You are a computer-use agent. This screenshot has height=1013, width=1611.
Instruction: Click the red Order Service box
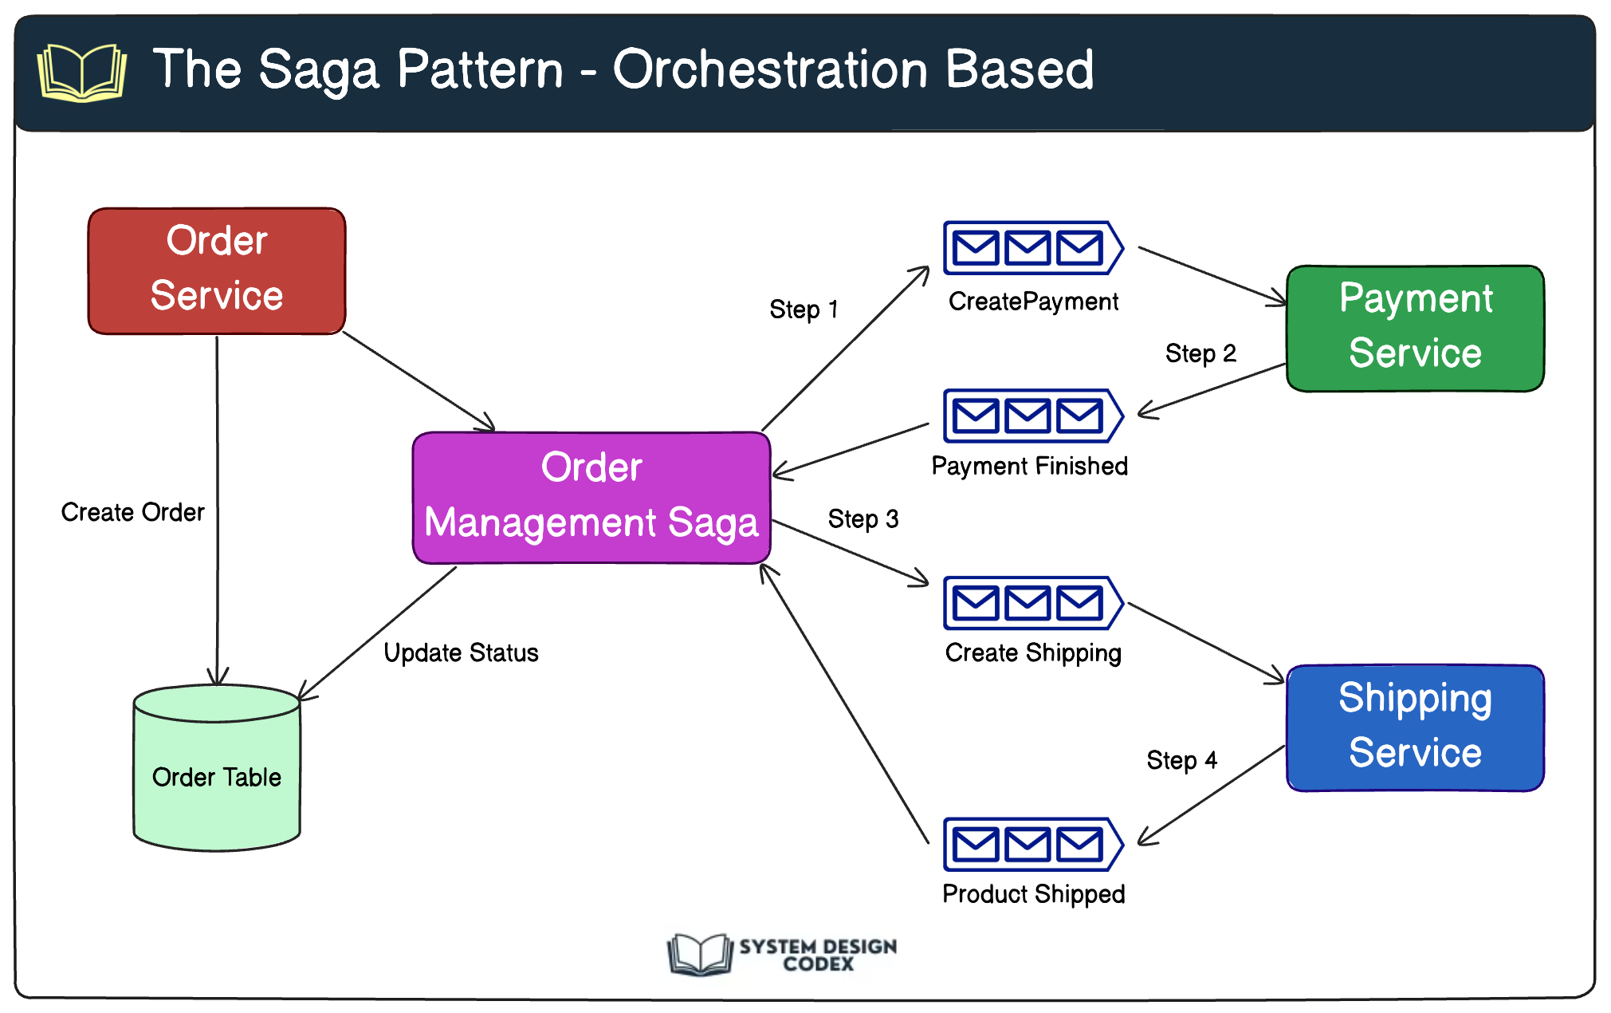click(x=217, y=271)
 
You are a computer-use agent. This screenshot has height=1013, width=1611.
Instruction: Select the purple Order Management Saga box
click(x=591, y=498)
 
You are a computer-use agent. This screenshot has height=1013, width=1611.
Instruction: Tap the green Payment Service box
click(x=1415, y=328)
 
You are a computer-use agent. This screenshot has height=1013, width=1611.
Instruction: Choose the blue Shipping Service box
click(x=1415, y=727)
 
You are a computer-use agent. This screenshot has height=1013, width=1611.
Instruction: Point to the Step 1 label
click(x=804, y=309)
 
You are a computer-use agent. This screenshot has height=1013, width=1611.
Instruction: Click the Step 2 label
click(x=1200, y=353)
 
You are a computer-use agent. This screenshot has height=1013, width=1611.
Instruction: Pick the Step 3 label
click(x=863, y=519)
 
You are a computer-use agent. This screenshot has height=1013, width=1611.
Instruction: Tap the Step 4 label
click(x=1181, y=760)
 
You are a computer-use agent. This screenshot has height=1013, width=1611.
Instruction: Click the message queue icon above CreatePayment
click(x=1032, y=248)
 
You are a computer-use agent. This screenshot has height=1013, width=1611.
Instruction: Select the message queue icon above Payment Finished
click(x=1032, y=416)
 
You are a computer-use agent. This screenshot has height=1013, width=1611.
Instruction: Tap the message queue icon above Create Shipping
click(x=1032, y=603)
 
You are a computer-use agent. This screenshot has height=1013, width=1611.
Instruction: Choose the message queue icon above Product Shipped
click(x=1032, y=844)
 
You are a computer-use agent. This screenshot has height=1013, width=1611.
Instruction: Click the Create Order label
click(x=133, y=512)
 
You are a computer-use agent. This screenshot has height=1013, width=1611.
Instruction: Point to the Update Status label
click(x=461, y=652)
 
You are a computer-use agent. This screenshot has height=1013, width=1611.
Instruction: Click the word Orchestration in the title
click(x=770, y=69)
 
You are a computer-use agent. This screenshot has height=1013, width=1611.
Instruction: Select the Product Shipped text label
click(x=1033, y=894)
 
